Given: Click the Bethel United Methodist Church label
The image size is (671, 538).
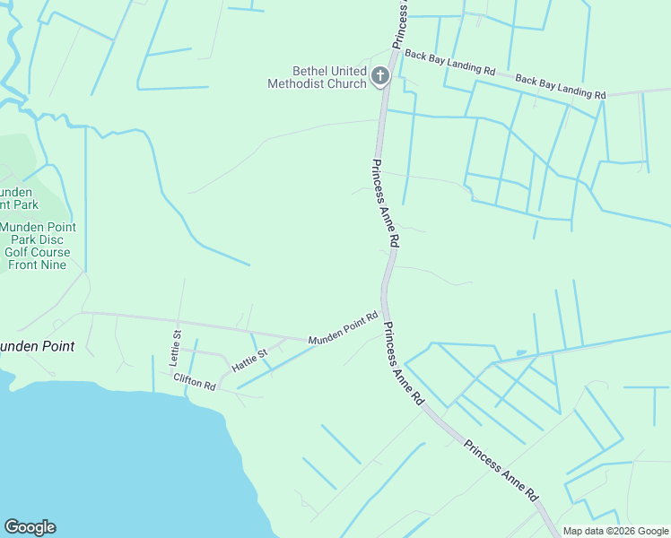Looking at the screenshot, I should (x=318, y=77).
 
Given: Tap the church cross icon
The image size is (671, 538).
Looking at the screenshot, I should (x=380, y=76).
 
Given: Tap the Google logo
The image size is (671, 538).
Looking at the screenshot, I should (x=30, y=527).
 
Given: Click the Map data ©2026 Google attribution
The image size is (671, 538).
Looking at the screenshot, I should (x=615, y=531).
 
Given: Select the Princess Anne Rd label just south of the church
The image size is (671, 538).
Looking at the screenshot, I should (x=383, y=204).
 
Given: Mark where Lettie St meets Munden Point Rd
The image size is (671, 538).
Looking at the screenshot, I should (x=179, y=321).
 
